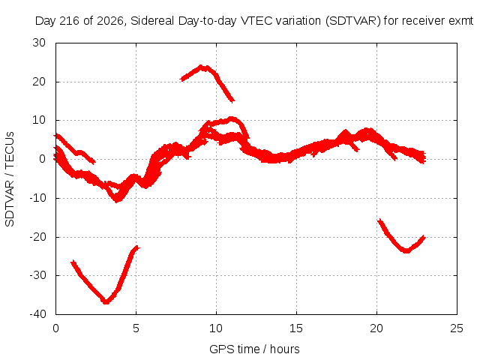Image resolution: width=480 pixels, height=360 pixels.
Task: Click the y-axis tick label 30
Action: [39, 43]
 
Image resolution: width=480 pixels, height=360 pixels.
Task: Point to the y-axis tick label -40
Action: [37, 314]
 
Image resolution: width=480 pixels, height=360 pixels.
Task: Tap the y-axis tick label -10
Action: [37, 198]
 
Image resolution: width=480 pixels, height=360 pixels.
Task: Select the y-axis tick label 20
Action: [39, 82]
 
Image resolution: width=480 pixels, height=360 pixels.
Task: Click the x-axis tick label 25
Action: [457, 328]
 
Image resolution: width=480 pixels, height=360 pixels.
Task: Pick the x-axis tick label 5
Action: [136, 328]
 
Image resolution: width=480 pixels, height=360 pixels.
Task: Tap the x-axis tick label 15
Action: [296, 328]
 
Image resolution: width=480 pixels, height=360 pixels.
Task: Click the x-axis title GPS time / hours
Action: [254, 349]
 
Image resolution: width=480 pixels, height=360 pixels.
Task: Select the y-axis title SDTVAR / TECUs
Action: [10, 179]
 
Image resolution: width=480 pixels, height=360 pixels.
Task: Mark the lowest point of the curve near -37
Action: [106, 301]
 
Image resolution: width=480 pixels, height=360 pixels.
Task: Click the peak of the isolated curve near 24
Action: [201, 67]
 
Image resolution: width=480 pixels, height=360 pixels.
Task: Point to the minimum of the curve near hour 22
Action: [406, 251]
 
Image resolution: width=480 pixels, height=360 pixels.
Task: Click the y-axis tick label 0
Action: [43, 159]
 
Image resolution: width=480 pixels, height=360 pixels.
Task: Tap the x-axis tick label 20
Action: [376, 328]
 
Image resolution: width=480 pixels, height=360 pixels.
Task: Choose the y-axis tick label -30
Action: [37, 275]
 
